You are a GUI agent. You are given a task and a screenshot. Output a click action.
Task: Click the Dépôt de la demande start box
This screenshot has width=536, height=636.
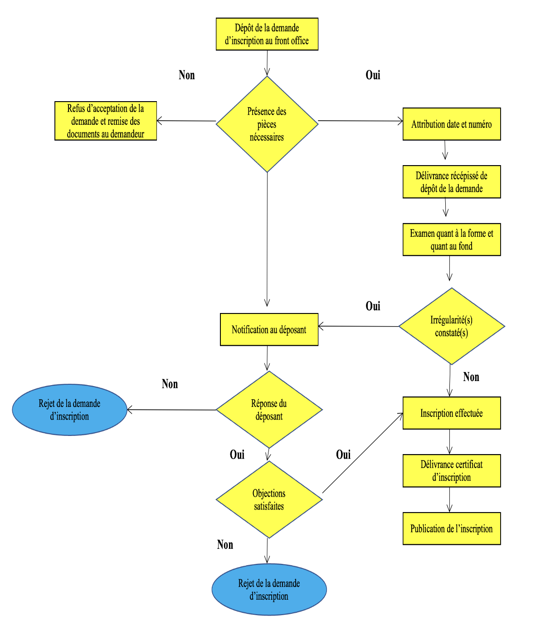click(x=267, y=34)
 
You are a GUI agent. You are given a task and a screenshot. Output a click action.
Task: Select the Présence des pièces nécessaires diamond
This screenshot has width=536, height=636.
click(x=267, y=124)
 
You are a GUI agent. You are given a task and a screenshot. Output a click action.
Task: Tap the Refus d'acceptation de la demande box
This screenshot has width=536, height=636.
click(x=106, y=121)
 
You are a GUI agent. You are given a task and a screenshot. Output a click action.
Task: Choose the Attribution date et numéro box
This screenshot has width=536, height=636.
click(x=451, y=124)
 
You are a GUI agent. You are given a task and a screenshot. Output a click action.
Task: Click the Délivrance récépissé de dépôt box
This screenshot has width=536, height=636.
click(x=451, y=182)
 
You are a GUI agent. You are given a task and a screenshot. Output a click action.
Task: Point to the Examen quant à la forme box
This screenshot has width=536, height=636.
click(x=451, y=240)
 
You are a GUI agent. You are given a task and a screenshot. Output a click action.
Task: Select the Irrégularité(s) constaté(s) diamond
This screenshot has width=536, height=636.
click(x=451, y=326)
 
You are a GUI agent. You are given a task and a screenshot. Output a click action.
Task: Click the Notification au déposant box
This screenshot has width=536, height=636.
click(x=269, y=329)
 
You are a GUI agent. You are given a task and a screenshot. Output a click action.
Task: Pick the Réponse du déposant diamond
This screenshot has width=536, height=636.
click(x=269, y=410)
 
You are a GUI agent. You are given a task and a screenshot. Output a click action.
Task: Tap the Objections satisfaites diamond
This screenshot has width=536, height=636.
click(x=269, y=499)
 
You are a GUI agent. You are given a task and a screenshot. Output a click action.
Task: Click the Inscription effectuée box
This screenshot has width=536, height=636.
click(x=451, y=413)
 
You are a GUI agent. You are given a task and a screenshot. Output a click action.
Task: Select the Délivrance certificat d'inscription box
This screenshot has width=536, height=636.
click(x=451, y=471)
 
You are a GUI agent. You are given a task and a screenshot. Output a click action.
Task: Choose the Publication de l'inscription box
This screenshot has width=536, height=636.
click(x=451, y=528)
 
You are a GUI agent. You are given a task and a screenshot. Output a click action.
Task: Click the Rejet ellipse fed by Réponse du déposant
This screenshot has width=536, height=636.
click(x=69, y=410)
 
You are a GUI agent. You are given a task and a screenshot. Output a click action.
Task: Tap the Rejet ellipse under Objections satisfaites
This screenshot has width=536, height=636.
click(x=269, y=589)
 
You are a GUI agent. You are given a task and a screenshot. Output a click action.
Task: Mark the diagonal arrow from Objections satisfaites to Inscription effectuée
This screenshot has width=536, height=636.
click(x=363, y=453)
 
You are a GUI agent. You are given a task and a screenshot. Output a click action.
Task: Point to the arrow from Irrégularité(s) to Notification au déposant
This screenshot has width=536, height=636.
click(x=358, y=326)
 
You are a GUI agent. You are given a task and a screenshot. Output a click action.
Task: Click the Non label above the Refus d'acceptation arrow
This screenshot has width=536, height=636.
click(x=186, y=75)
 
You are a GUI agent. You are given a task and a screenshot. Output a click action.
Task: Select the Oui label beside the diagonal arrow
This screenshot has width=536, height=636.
click(x=343, y=455)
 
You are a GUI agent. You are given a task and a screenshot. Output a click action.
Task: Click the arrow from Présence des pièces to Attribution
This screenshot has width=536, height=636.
click(x=361, y=121)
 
